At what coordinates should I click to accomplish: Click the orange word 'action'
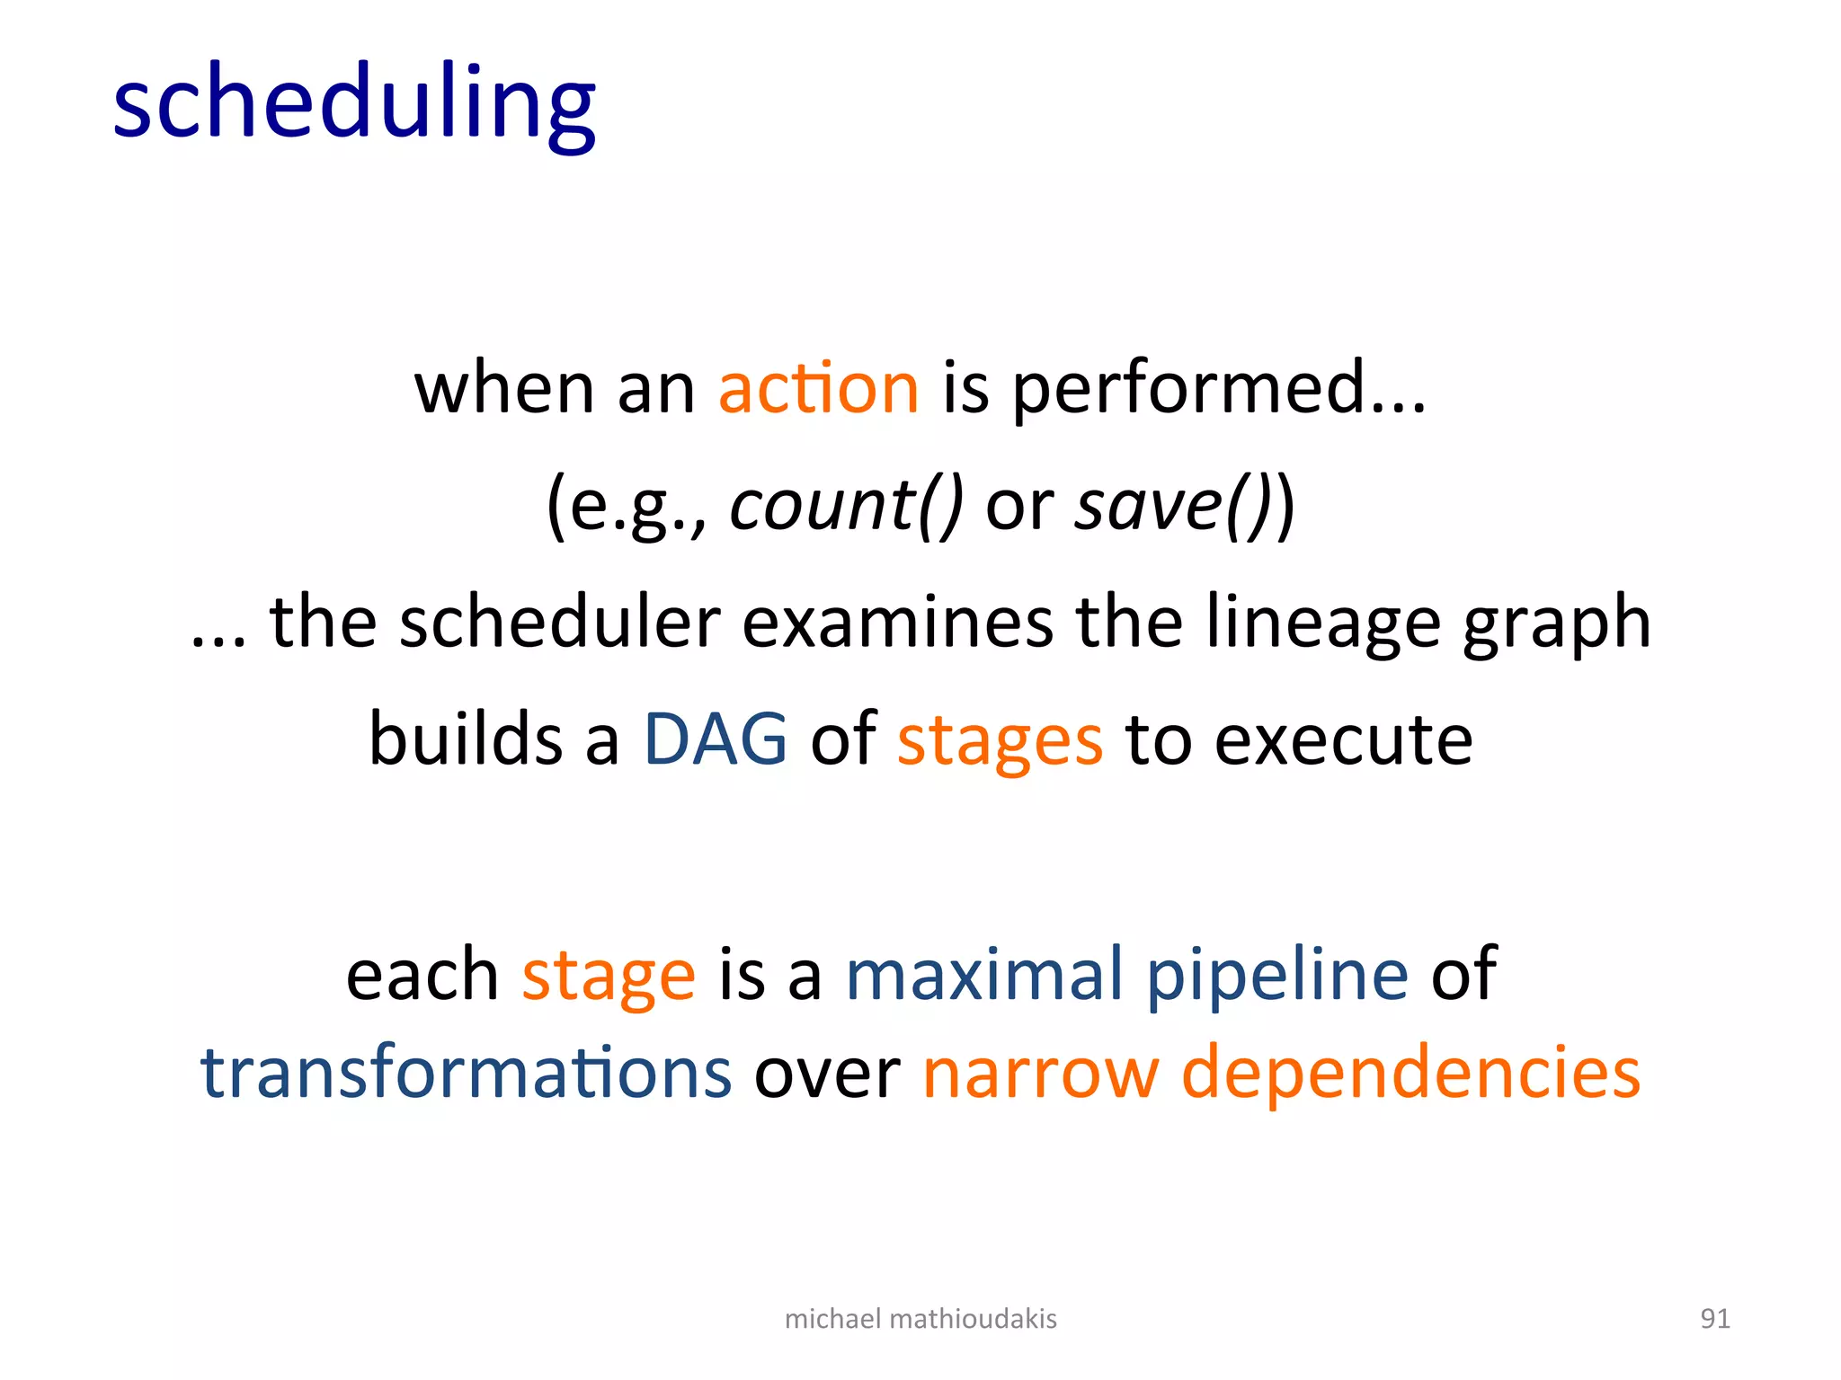click(x=819, y=388)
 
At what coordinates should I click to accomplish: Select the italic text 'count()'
click(x=846, y=506)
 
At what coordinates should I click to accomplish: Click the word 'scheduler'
click(x=559, y=623)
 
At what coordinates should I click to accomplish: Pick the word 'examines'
click(x=897, y=623)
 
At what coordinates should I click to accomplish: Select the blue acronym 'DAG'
click(x=716, y=739)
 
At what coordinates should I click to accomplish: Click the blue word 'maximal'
click(x=984, y=974)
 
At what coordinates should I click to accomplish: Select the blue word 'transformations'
click(x=467, y=1073)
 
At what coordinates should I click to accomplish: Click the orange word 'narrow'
click(x=1040, y=1075)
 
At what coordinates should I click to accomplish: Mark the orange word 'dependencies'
click(x=1410, y=1075)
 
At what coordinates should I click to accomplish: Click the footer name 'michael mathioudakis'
click(x=920, y=1318)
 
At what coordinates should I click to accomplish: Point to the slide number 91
click(x=1715, y=1318)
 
